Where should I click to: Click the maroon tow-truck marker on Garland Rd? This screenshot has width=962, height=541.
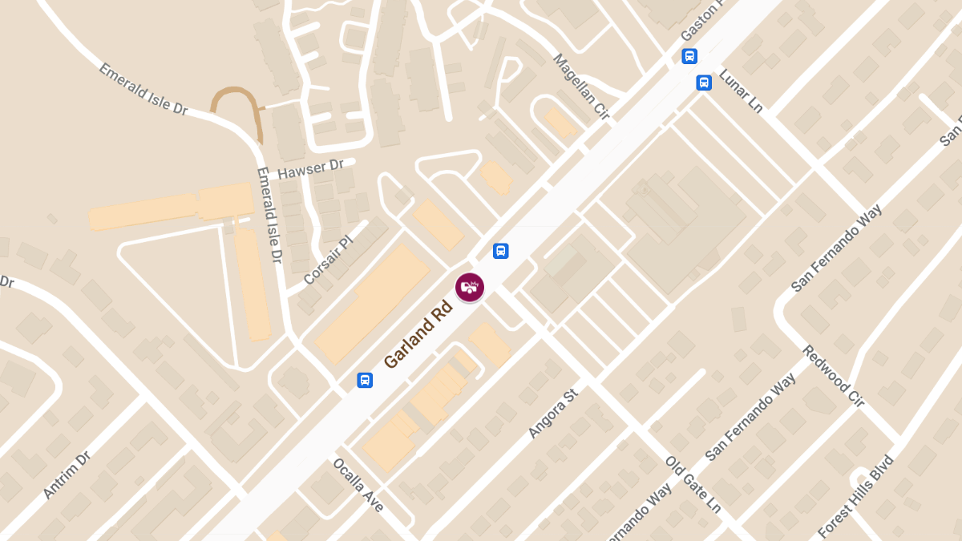[470, 287]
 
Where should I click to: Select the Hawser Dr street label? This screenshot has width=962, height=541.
[310, 168]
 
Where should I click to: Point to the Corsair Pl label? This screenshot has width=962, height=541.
[328, 260]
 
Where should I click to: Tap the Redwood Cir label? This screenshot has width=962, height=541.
[833, 376]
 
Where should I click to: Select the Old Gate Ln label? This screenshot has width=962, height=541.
[693, 484]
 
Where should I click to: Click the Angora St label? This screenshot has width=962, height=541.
[553, 414]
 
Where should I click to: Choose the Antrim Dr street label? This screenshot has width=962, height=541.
[67, 474]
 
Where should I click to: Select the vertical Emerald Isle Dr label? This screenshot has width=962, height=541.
[269, 215]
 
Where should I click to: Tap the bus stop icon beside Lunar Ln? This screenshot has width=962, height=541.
[704, 83]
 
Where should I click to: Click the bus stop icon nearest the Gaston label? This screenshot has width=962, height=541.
[689, 56]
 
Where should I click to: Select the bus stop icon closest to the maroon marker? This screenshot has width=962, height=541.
[501, 251]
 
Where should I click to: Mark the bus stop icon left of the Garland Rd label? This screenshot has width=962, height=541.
[365, 380]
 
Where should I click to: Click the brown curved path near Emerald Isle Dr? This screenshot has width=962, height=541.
[236, 100]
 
